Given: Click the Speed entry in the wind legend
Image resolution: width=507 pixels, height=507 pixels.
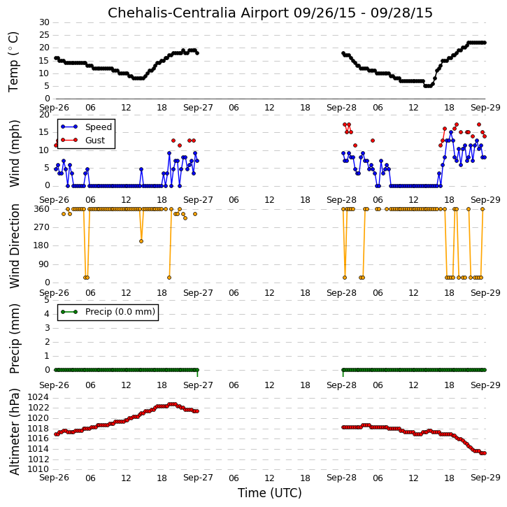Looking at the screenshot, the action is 99,127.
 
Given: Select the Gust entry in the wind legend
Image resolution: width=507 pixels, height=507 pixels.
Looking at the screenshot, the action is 95,140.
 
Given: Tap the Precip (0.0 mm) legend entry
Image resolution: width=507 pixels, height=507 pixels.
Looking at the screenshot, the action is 120,312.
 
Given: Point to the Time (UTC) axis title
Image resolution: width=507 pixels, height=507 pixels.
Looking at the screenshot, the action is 270,493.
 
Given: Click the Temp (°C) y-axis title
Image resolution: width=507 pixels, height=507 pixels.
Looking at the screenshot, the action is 13,62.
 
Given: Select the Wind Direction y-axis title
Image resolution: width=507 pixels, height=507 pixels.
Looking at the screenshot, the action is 14,245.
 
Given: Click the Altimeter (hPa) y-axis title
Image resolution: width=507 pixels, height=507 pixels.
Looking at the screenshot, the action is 14,431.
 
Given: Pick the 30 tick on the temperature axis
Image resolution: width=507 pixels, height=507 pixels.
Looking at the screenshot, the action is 44,22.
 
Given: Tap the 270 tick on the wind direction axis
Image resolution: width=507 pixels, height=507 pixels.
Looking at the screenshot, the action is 42,227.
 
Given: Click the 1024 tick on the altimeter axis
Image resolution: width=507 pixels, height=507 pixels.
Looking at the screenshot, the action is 38,397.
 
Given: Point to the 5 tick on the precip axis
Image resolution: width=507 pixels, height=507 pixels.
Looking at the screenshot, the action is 47,300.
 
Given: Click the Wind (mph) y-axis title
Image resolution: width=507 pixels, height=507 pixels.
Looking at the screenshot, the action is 14,153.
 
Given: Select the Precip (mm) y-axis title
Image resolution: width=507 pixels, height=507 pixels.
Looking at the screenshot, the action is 14,338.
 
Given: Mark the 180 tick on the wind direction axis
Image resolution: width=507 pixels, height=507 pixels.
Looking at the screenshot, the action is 42,245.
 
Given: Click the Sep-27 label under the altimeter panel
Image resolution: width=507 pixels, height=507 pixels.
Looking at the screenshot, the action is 198,478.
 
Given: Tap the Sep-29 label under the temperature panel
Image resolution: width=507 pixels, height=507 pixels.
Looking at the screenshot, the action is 485,108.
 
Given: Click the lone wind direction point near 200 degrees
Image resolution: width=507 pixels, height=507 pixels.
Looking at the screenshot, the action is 141,241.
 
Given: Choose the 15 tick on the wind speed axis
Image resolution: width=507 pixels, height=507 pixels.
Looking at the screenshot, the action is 44,132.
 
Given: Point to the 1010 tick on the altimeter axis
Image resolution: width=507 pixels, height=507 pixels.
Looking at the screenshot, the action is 38,469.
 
